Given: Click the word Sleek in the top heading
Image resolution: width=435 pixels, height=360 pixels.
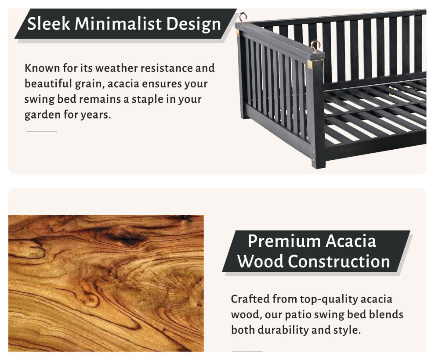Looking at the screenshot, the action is (48, 24).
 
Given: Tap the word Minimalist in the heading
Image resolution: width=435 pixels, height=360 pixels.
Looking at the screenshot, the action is (118, 24).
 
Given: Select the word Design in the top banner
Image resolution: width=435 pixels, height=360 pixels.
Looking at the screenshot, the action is (194, 25).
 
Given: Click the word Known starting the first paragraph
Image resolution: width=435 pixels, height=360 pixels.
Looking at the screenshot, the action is (42, 68).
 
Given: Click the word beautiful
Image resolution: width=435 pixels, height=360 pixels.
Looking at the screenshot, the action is (48, 84).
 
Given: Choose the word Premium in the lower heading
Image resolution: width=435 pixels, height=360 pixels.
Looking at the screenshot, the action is (284, 241).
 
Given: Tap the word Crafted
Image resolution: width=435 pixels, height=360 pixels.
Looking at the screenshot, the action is (250, 299).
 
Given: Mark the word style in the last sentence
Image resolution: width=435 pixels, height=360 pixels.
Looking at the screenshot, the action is (348, 331).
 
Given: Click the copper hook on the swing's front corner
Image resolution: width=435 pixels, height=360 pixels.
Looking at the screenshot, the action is (315, 46).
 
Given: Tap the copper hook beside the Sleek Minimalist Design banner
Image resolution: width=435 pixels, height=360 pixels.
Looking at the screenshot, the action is (243, 18).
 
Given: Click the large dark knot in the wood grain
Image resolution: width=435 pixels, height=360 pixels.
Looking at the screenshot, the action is (126, 238).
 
